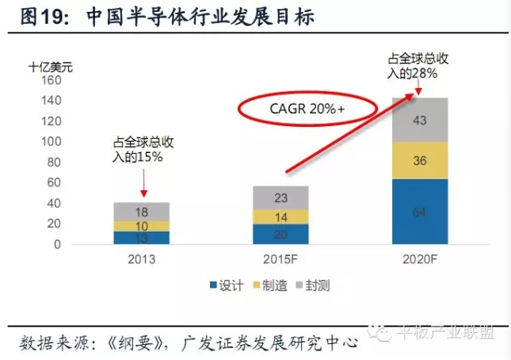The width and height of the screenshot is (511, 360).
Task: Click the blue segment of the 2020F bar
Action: (420, 212)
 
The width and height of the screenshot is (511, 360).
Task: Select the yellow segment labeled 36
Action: (420, 161)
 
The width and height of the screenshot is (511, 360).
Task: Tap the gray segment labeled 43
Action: (420, 121)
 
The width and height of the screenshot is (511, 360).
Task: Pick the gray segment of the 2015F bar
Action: (280, 198)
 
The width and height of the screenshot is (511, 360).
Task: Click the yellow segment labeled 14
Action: (280, 216)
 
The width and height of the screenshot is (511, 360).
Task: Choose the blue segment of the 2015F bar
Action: (280, 234)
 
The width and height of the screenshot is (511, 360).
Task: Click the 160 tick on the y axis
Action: (51, 81)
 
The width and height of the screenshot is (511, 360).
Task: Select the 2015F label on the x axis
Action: (280, 259)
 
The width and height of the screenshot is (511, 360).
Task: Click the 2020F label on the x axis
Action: (420, 259)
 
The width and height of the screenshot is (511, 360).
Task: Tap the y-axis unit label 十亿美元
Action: (49, 67)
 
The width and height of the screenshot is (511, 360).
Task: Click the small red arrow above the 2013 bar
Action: (143, 184)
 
